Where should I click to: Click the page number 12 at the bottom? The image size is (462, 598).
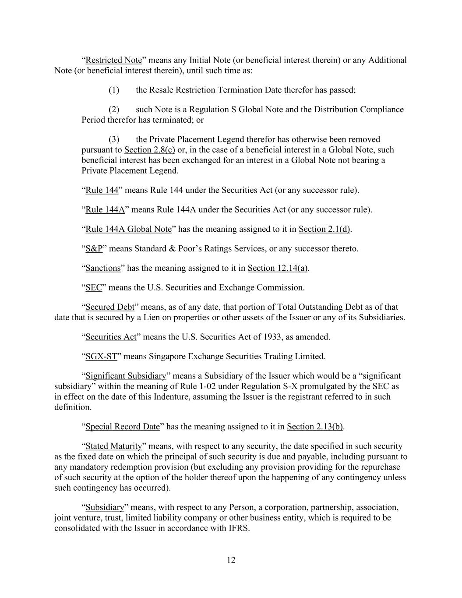(231, 560)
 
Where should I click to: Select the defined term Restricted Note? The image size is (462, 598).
(113, 60)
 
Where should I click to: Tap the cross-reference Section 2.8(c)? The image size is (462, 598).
(149, 150)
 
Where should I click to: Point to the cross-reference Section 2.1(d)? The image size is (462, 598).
(324, 229)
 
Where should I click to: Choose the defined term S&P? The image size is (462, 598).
(94, 249)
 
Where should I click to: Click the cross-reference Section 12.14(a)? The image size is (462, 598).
(278, 268)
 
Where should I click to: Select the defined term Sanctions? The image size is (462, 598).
(102, 268)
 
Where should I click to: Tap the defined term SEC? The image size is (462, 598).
(93, 288)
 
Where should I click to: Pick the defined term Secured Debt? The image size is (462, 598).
(109, 307)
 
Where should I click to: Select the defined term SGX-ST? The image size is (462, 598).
(101, 357)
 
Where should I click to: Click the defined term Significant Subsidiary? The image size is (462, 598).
(126, 376)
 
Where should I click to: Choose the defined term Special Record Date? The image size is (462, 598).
(122, 427)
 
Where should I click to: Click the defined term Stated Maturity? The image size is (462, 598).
(113, 446)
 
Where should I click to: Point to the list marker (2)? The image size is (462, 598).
(114, 110)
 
